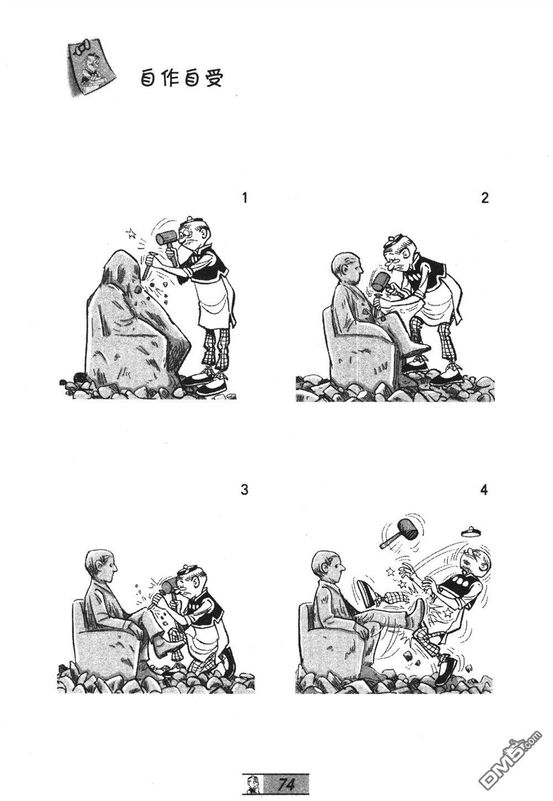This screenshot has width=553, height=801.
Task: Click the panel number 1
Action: pos(245,198)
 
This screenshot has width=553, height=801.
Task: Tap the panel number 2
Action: pos(485,198)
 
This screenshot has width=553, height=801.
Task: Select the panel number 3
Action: pos(245,490)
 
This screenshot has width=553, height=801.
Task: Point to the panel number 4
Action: pos(485,490)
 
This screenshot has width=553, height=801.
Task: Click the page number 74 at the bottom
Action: pos(286,784)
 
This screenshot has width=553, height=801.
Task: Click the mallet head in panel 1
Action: pos(165,238)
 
